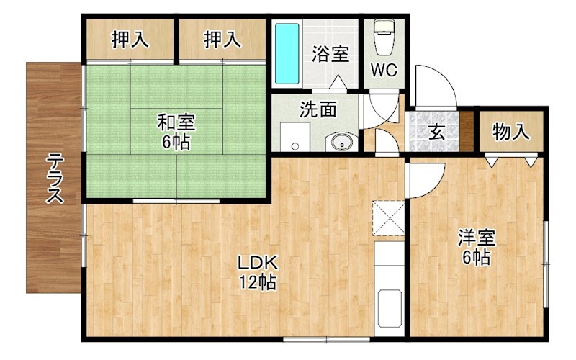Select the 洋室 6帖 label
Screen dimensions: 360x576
click(x=476, y=247)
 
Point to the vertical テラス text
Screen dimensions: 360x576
click(x=55, y=179)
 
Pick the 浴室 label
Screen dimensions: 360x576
click(x=330, y=55)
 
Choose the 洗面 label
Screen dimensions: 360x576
click(x=318, y=109)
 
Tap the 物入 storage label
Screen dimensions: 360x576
click(x=511, y=132)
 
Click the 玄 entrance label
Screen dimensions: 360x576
click(x=436, y=132)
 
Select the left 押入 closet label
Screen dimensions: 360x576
click(x=130, y=40)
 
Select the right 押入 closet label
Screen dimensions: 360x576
click(x=222, y=40)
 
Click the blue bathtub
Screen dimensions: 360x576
click(x=287, y=54)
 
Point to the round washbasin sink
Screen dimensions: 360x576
click(x=339, y=142)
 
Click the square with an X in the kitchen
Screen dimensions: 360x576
click(x=389, y=218)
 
